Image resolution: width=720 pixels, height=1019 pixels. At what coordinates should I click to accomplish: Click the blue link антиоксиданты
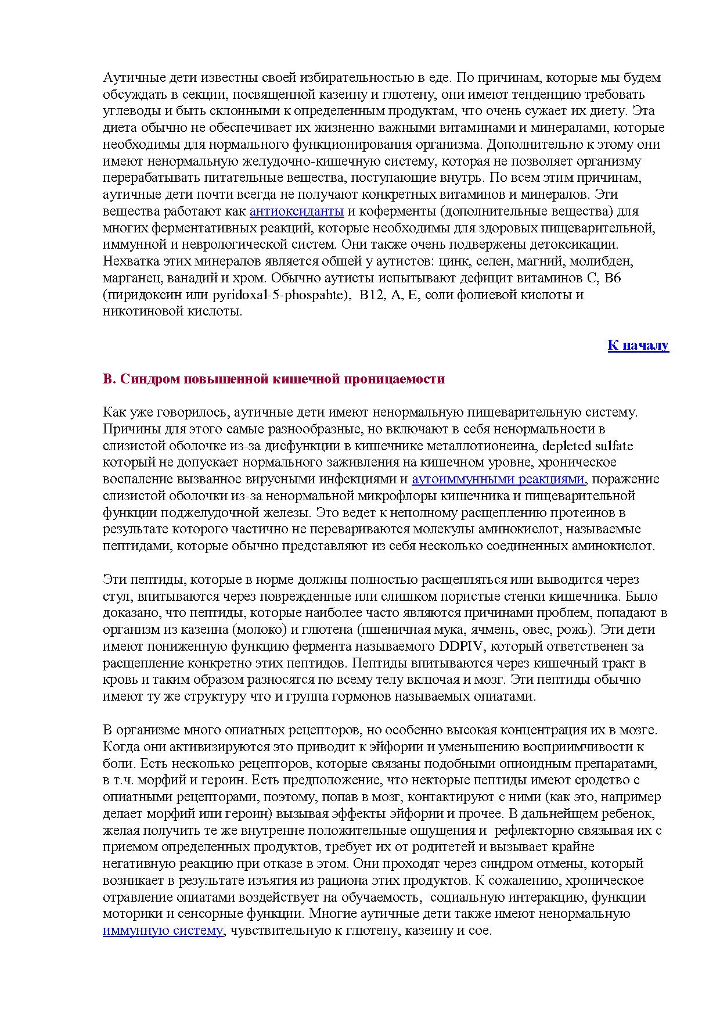click(x=296, y=211)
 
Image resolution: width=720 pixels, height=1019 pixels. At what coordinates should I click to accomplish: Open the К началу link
click(x=638, y=346)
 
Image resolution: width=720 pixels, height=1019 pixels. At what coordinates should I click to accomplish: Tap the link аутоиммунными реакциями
click(x=498, y=479)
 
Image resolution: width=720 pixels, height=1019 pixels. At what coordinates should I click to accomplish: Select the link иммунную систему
click(x=163, y=931)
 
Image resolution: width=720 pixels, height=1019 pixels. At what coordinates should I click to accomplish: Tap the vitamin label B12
click(x=372, y=295)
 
